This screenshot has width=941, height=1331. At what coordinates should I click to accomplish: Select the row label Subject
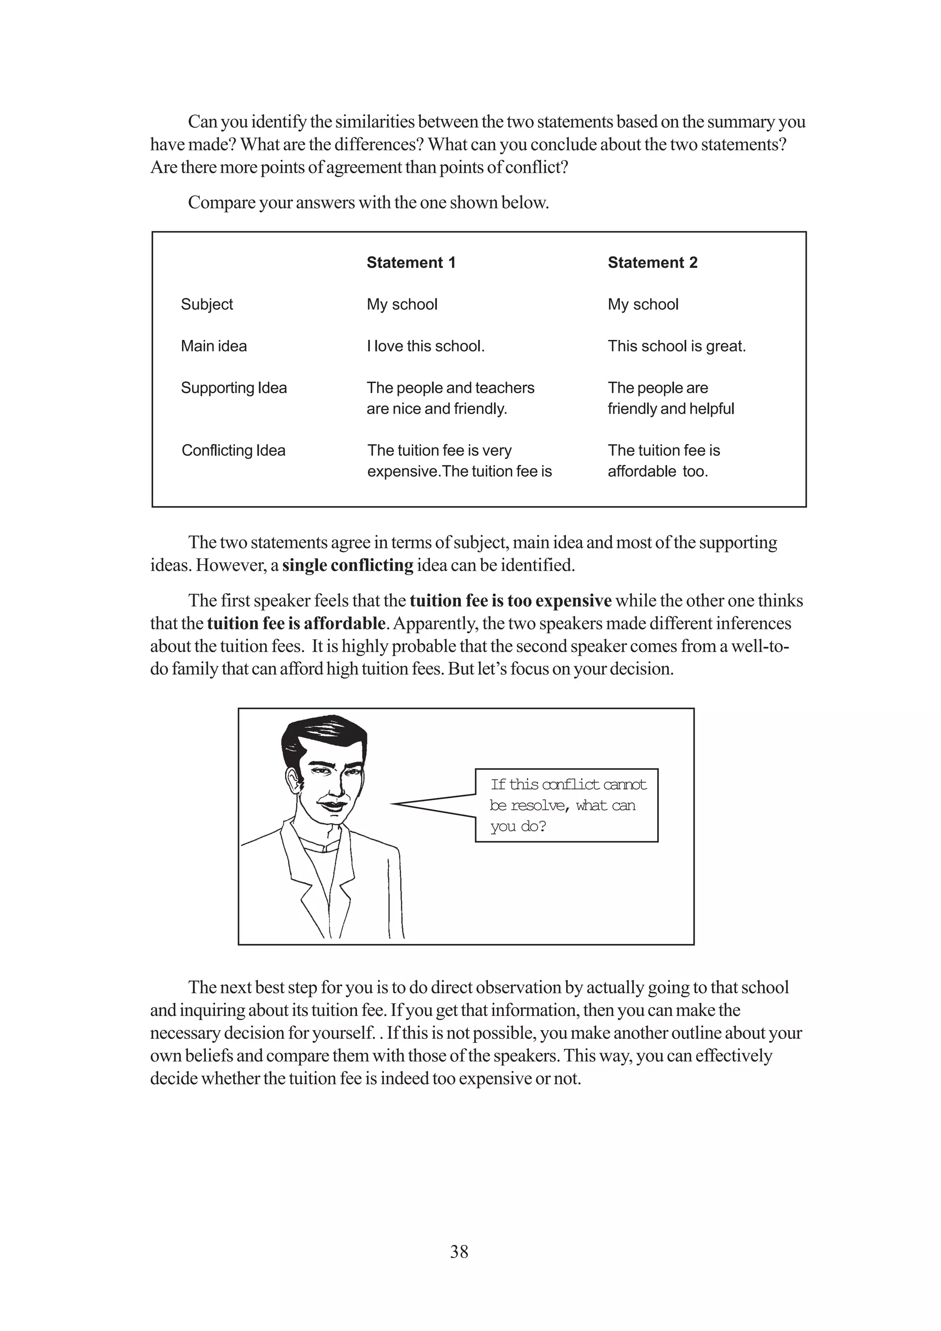tap(206, 305)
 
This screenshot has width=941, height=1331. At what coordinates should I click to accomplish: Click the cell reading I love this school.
tap(425, 346)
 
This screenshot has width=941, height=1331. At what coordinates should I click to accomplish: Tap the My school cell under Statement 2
tap(642, 305)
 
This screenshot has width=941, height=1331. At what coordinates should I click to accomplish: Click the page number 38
tap(459, 1252)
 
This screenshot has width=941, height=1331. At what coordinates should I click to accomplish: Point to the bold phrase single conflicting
tap(347, 565)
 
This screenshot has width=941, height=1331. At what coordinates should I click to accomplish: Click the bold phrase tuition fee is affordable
tap(296, 623)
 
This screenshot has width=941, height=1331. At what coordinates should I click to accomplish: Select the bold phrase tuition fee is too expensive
tap(510, 601)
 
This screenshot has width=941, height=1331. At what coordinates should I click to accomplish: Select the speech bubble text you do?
tap(518, 826)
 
